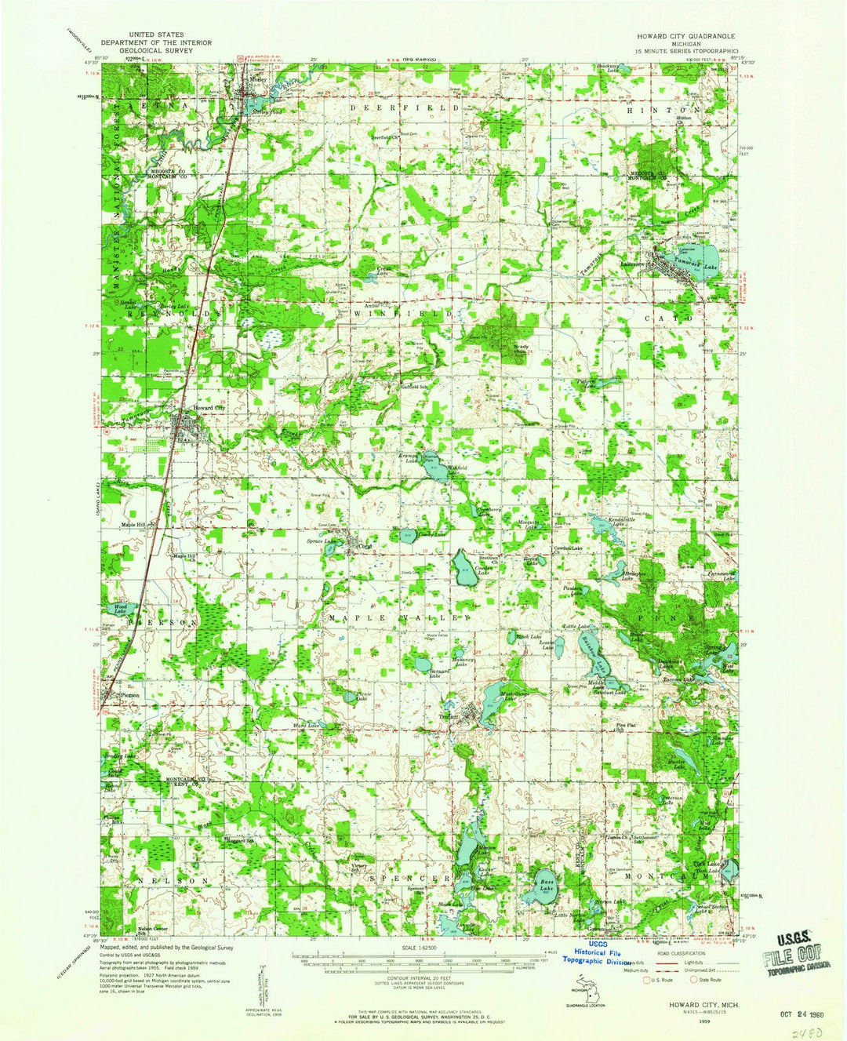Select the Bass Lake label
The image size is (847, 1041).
pyautogui.click(x=548, y=884)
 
